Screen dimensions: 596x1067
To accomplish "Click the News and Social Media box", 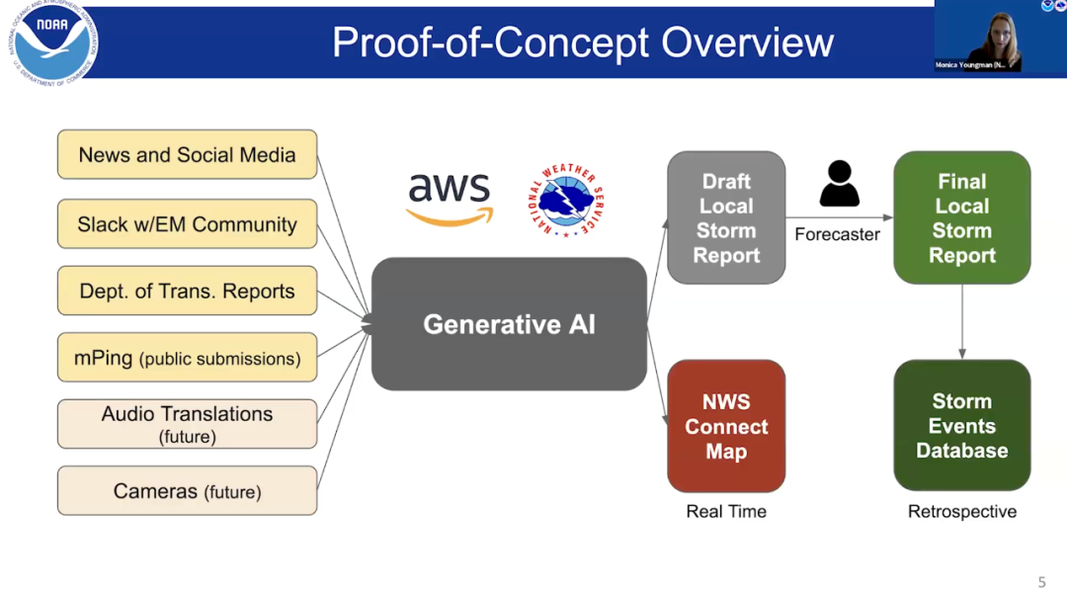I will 187,155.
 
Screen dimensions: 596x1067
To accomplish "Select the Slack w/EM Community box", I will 187,224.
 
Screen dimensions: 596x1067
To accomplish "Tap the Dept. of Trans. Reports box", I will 187,292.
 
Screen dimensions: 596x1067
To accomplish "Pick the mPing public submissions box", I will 187,358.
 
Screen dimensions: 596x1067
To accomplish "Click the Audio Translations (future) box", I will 187,424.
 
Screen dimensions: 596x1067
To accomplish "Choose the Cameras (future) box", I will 187,491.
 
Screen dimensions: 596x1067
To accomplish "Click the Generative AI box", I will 509,324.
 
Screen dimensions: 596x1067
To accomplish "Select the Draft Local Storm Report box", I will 726,217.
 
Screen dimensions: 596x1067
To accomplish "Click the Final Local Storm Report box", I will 961,217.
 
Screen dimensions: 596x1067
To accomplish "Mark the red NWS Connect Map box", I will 726,426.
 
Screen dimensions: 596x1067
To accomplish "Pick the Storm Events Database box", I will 961,426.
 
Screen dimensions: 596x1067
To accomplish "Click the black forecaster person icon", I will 839,184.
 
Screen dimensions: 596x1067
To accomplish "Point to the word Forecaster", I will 837,235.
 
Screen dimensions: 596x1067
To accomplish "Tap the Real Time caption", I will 726,511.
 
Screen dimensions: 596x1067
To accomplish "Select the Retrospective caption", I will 961,511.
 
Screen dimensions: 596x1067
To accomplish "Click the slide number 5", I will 1041,582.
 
